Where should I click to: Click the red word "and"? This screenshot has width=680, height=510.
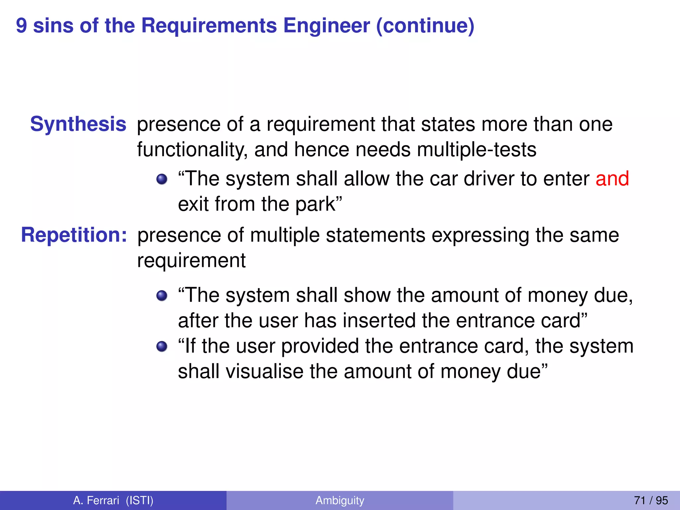(612, 179)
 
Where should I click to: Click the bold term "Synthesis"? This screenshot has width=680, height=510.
(78, 124)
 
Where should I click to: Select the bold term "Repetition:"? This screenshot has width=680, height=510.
(74, 235)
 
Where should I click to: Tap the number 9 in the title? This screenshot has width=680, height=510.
(21, 26)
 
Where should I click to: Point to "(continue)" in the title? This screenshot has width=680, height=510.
(425, 26)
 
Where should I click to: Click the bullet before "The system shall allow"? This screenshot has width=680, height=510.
(162, 179)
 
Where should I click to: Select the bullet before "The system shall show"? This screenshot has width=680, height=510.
(162, 296)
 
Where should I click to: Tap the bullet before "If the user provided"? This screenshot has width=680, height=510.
(162, 346)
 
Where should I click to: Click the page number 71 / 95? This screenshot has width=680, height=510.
(651, 500)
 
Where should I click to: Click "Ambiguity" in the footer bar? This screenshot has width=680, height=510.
(340, 500)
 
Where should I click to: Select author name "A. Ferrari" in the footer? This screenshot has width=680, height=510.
(96, 500)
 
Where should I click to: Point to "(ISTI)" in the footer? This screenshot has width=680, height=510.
(139, 500)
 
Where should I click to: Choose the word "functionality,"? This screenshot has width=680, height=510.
(192, 150)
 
